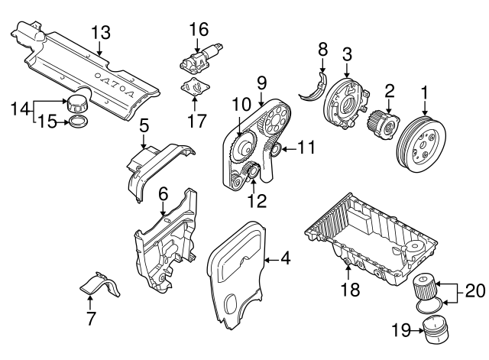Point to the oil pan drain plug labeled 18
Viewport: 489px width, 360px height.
tap(348, 266)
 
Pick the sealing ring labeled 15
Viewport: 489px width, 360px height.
tap(79, 122)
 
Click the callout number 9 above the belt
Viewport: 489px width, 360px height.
tap(261, 80)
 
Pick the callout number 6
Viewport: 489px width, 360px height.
tap(162, 196)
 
